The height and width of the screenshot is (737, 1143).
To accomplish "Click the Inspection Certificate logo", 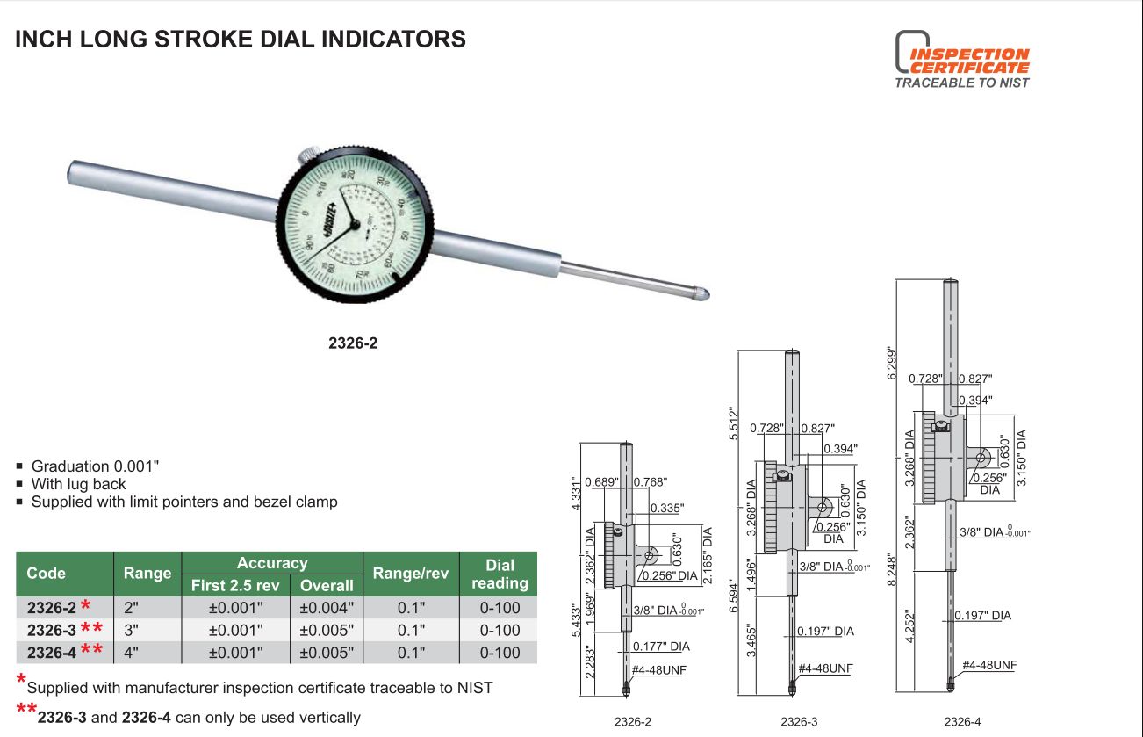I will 961,60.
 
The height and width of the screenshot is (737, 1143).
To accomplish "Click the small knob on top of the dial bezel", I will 310,155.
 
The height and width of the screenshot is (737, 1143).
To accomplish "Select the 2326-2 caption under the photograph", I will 353,343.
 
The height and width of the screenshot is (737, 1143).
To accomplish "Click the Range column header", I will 147,574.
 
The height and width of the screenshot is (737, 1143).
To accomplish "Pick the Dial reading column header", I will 499,574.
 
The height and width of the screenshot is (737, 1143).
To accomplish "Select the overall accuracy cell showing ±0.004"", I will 327,608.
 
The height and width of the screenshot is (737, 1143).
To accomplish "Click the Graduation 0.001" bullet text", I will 96,466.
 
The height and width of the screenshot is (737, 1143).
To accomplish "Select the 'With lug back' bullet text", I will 78,484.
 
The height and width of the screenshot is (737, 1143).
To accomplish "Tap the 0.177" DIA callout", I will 661,647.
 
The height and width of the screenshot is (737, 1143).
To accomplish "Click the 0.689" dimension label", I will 600,481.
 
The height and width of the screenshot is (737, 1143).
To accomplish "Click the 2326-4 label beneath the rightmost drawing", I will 962,722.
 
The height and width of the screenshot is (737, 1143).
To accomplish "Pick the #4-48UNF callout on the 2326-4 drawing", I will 989,665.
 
